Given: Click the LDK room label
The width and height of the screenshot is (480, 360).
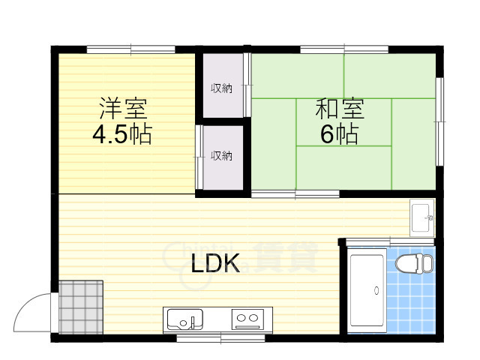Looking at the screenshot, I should [214, 263].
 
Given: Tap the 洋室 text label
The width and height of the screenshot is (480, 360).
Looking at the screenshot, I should [123, 109].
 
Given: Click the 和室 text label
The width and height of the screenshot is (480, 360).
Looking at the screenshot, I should [339, 109].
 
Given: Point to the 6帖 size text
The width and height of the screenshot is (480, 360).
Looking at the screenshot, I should [339, 134].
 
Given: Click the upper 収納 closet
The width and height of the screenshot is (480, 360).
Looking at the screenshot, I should [221, 88].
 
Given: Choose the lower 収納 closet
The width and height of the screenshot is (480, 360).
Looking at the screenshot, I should [221, 156].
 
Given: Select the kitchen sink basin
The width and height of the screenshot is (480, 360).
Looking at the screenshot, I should [182, 320].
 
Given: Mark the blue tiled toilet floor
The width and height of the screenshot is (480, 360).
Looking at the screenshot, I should [409, 300].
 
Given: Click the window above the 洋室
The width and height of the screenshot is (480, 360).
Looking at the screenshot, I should [131, 50].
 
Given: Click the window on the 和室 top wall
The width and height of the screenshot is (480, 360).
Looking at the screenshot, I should [344, 50].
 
